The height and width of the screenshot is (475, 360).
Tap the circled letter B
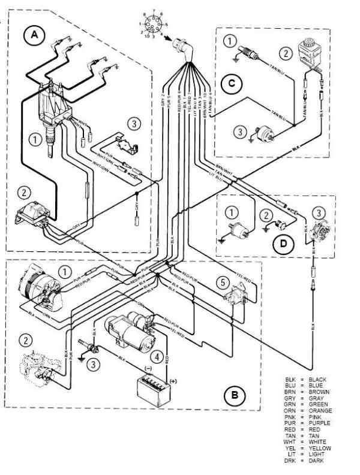click(235, 395)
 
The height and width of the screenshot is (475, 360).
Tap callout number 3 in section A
click(134, 125)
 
